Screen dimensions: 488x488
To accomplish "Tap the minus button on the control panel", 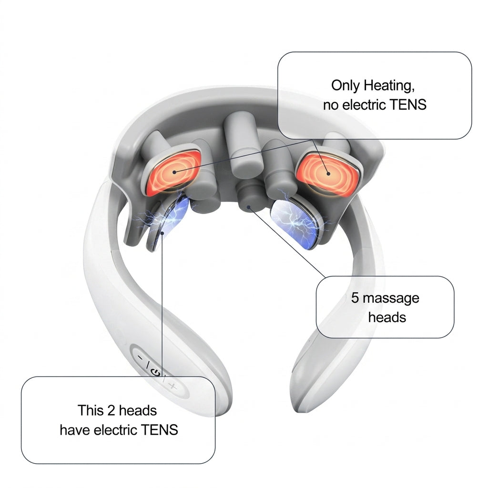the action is pyautogui.click(x=141, y=357).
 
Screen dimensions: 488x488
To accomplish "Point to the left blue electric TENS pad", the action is pyautogui.click(x=171, y=218).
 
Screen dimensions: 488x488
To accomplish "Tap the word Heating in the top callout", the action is pyautogui.click(x=389, y=85).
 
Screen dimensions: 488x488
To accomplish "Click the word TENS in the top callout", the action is pyautogui.click(x=408, y=104).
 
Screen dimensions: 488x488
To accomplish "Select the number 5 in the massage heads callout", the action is pyautogui.click(x=355, y=298).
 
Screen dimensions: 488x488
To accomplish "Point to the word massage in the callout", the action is pyautogui.click(x=391, y=299).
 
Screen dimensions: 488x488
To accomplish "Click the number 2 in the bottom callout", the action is pyautogui.click(x=111, y=410).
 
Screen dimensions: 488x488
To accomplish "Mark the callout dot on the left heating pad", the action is pyautogui.click(x=174, y=172).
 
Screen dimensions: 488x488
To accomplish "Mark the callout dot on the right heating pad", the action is pyautogui.click(x=328, y=173).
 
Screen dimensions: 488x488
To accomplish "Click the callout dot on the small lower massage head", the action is pyautogui.click(x=249, y=207).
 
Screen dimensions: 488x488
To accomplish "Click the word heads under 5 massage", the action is pyautogui.click(x=387, y=317).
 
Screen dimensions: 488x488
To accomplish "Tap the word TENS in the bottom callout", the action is pyautogui.click(x=159, y=430).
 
